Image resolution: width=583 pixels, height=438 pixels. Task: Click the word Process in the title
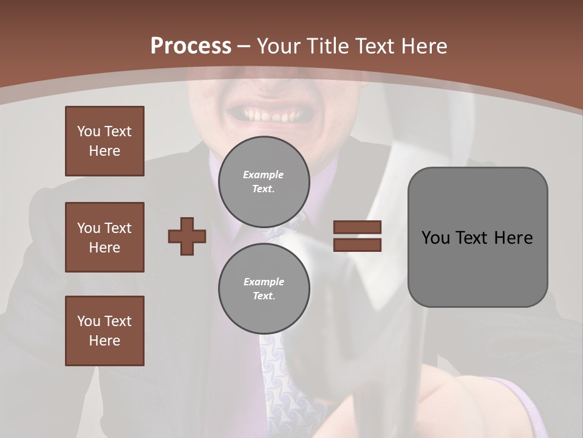191,46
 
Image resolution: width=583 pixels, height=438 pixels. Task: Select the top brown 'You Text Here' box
104,141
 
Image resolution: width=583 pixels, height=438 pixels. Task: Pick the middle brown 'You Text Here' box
104,237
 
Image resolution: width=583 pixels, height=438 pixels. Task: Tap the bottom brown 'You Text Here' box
104,331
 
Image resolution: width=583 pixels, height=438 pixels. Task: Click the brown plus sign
186,236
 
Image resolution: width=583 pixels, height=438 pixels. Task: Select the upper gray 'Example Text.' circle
264,182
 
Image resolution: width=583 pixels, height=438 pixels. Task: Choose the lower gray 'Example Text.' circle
264,289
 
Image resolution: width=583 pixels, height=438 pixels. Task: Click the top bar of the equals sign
357,227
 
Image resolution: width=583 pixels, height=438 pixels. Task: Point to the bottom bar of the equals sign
357,245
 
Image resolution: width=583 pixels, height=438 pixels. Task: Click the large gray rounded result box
477,237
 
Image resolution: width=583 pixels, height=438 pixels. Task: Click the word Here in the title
423,46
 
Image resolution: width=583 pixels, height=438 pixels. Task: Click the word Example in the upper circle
264,175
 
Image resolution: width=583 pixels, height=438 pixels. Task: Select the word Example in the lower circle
264,282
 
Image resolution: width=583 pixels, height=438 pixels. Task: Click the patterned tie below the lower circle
285,377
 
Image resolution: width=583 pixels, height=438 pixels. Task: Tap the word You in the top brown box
88,131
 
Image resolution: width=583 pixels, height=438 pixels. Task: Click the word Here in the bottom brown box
104,341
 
